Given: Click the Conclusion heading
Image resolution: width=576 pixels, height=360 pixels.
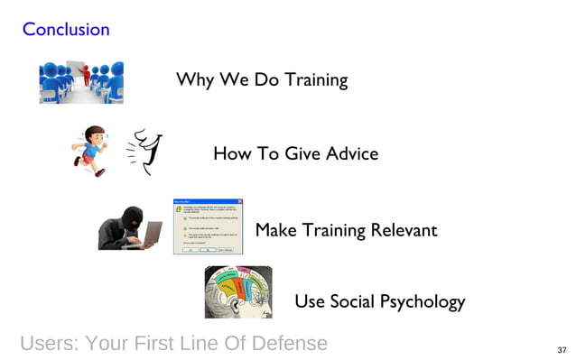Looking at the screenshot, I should [66, 29].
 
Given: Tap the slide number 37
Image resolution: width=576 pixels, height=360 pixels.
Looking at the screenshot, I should [562, 349].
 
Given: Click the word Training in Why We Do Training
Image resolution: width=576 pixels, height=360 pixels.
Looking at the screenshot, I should [316, 79].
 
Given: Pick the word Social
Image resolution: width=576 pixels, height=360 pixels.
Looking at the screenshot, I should [348, 301].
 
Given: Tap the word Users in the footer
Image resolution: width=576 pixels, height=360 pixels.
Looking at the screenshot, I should [50, 343].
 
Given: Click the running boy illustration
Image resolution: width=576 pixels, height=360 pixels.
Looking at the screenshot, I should [89, 149].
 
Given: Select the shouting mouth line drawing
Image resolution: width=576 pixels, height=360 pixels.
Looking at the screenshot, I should [144, 151].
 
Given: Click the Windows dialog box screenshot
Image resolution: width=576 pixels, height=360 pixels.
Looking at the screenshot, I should [209, 226].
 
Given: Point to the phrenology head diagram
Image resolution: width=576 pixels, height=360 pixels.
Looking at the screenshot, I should [237, 291].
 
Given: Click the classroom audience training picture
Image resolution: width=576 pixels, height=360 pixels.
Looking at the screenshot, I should [81, 82].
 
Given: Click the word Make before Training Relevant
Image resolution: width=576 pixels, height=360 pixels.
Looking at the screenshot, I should [276, 230].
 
